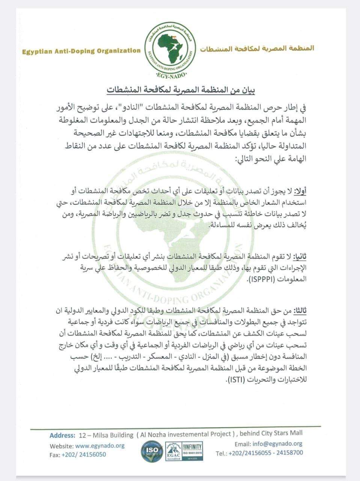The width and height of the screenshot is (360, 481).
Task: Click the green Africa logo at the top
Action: click(170, 50)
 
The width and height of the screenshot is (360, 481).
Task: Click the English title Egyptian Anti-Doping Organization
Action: click(81, 51)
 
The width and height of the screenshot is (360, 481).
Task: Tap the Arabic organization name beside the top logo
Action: click(257, 48)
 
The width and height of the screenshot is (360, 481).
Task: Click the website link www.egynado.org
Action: click(100, 446)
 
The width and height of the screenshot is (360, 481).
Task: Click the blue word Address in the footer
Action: click(62, 436)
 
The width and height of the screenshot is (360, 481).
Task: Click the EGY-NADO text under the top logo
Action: click(170, 80)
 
